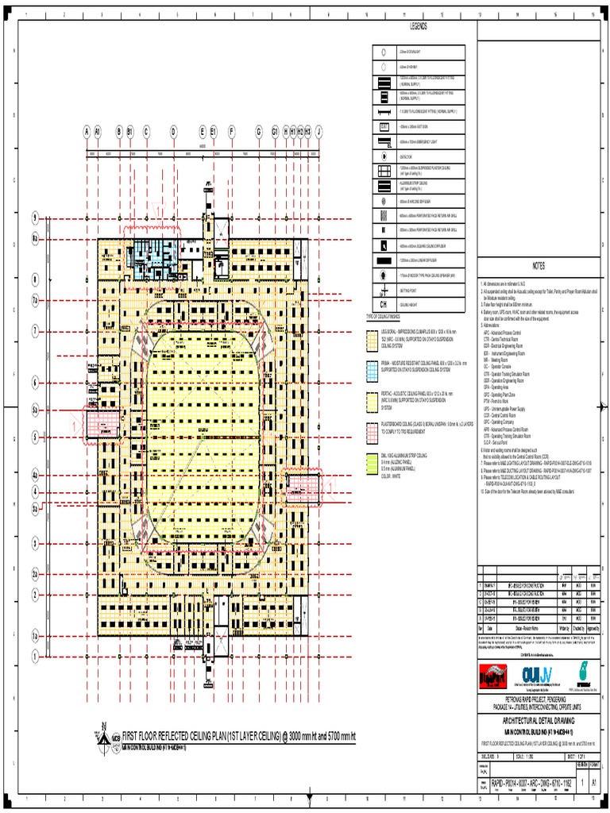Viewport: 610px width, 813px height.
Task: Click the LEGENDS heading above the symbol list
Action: [419, 27]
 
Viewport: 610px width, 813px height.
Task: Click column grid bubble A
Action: [87, 131]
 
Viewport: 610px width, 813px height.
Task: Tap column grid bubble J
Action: [319, 131]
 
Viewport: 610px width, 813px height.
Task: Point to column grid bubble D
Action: [173, 131]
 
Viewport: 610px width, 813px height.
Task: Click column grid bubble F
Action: [232, 131]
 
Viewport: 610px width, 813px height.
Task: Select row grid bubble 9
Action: [35, 218]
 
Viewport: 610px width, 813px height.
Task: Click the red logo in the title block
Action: [494, 673]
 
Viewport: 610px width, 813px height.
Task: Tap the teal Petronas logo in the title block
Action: [585, 672]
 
